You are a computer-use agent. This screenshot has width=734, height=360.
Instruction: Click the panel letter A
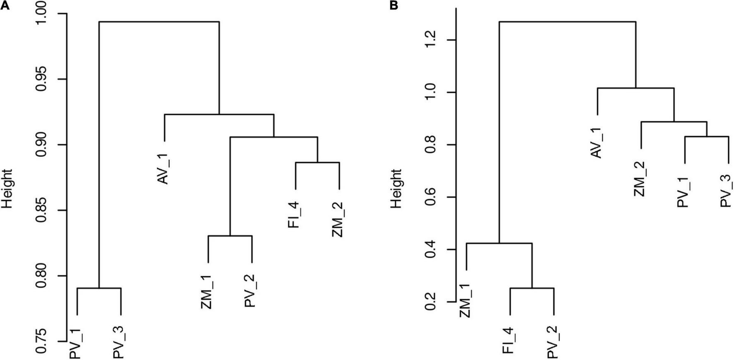(5, 5)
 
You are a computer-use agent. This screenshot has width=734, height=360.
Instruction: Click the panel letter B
(394, 5)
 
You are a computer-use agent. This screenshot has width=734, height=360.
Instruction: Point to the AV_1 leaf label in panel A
(164, 168)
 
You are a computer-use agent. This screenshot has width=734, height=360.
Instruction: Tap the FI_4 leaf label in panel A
(295, 214)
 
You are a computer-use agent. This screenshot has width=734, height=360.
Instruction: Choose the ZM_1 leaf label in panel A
(208, 292)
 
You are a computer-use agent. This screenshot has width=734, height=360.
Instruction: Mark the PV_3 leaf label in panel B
(727, 191)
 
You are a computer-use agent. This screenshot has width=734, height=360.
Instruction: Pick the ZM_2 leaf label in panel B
(640, 179)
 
